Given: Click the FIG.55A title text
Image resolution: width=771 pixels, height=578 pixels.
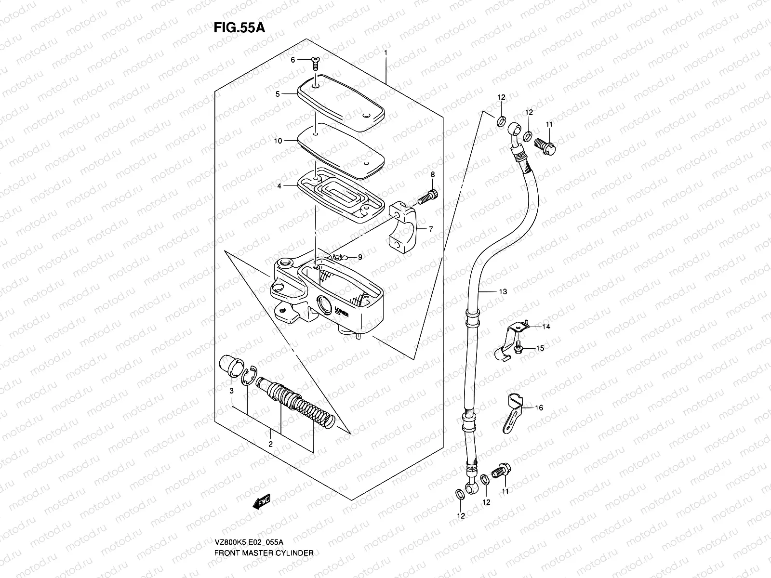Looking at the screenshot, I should coord(239,27).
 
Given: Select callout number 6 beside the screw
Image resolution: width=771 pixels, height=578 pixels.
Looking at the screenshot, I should coord(292,60).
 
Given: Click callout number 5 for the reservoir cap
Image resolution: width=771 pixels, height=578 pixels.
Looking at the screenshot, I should coord(278,94).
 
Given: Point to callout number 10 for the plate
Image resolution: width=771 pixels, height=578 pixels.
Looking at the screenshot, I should coord(278,141).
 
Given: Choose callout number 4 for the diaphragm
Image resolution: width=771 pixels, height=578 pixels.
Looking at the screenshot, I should coord(279,185).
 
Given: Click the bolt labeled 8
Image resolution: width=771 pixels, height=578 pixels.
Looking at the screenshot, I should coord(427,197).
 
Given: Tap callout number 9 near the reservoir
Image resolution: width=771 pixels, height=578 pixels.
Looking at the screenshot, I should coord(359,257).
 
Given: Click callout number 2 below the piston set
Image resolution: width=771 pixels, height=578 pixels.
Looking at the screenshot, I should coord(271,444).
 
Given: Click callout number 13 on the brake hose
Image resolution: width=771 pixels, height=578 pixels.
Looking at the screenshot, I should coord(503,292).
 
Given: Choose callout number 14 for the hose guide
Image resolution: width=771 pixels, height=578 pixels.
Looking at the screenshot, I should coord(545,327).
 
